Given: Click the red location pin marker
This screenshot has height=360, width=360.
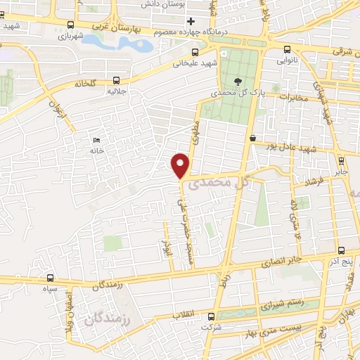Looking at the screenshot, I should click(181, 165).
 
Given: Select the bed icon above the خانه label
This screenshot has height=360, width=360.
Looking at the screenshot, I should click(96, 141).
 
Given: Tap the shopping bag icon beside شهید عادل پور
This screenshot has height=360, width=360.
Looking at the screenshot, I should click(252, 139).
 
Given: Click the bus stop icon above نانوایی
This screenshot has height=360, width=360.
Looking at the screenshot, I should click(287, 49).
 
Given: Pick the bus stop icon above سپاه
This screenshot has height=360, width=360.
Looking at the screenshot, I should click(49, 278).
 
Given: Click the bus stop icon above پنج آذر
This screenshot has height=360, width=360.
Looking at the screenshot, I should click(341, 250).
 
